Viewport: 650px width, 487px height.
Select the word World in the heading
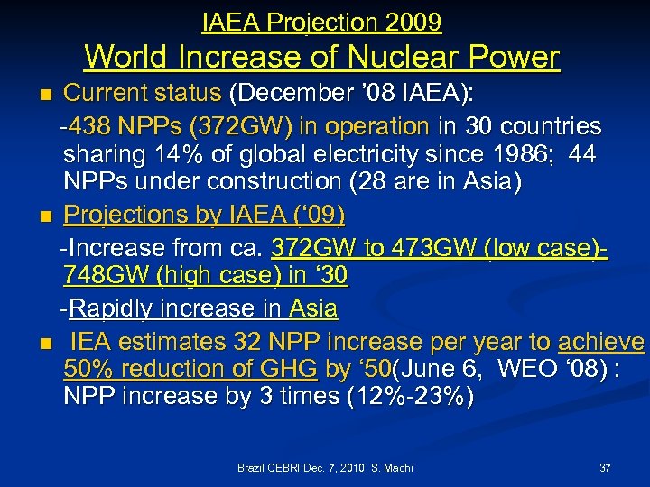(125, 58)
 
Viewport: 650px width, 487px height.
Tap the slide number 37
(605, 468)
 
